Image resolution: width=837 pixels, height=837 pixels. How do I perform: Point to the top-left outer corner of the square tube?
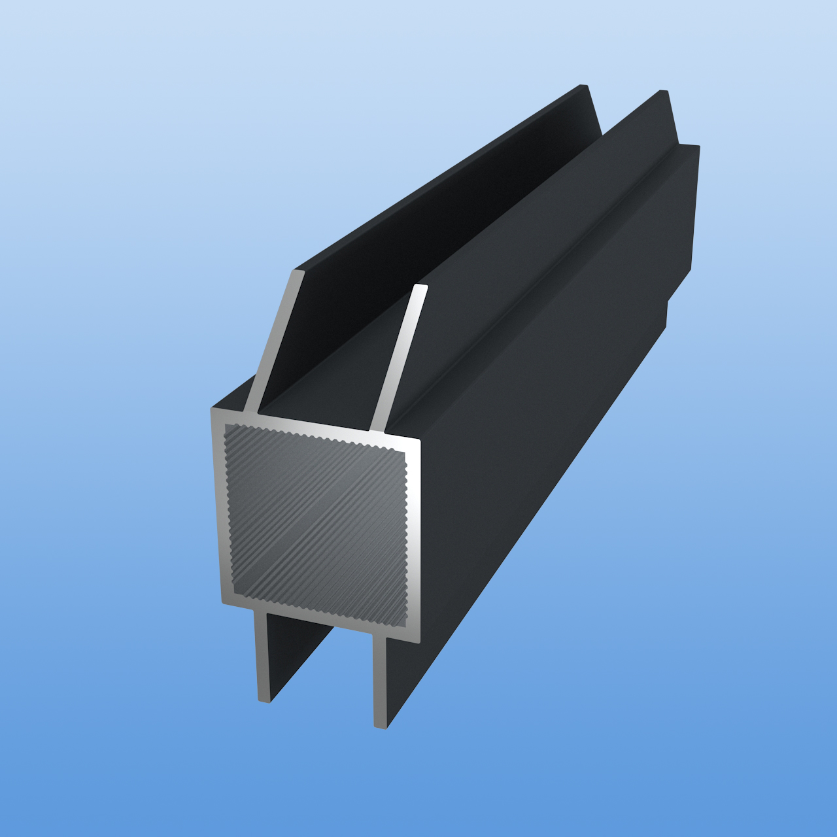point(212,409)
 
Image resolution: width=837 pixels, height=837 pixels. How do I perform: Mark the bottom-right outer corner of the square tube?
point(418,642)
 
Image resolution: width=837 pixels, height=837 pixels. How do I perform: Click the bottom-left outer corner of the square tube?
point(222,603)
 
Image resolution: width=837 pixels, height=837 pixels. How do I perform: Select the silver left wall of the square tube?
point(218,507)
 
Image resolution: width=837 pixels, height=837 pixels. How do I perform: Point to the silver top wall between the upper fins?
point(314,422)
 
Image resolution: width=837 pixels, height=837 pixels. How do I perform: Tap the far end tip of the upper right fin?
point(664,92)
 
